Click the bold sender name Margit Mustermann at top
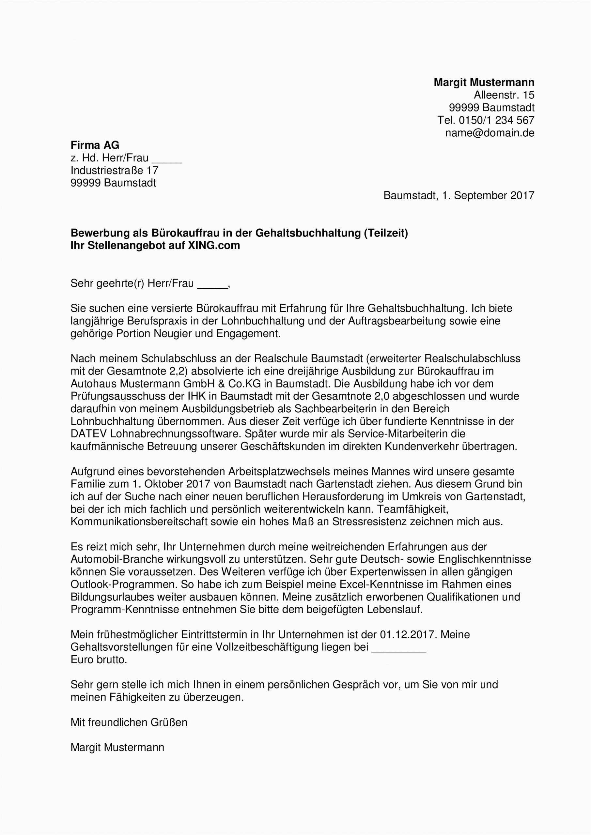click(484, 83)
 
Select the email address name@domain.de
click(490, 133)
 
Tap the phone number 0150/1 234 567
click(496, 120)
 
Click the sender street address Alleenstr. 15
click(504, 95)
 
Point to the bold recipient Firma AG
click(95, 145)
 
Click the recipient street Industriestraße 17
click(114, 171)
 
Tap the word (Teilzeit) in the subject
click(385, 233)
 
